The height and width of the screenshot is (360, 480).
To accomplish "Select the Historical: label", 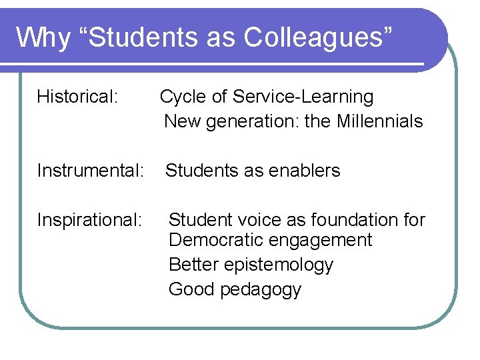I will click(78, 97).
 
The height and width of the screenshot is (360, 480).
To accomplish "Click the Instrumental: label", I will click(91, 171).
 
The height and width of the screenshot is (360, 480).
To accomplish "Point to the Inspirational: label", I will click(90, 219).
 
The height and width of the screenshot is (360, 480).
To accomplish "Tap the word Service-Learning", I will click(303, 97).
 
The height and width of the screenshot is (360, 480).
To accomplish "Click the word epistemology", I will click(278, 265).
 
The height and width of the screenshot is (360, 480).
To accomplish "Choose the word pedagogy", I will click(263, 289).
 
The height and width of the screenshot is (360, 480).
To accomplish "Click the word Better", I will click(193, 265).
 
